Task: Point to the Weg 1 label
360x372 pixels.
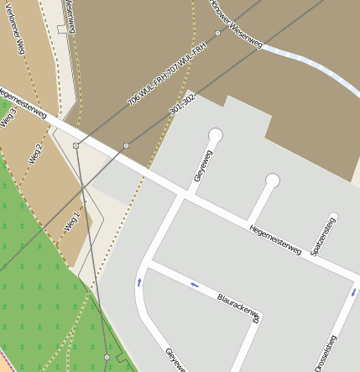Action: coord(73,222)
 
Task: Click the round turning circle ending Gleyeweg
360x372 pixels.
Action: coord(216,134)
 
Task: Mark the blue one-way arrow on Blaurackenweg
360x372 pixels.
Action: coord(195,285)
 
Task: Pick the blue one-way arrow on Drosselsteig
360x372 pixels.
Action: coord(353,293)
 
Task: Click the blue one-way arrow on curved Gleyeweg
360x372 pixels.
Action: coord(138,282)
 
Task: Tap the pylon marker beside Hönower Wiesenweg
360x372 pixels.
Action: coord(217,34)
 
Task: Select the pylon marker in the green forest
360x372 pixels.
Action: coord(107,358)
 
